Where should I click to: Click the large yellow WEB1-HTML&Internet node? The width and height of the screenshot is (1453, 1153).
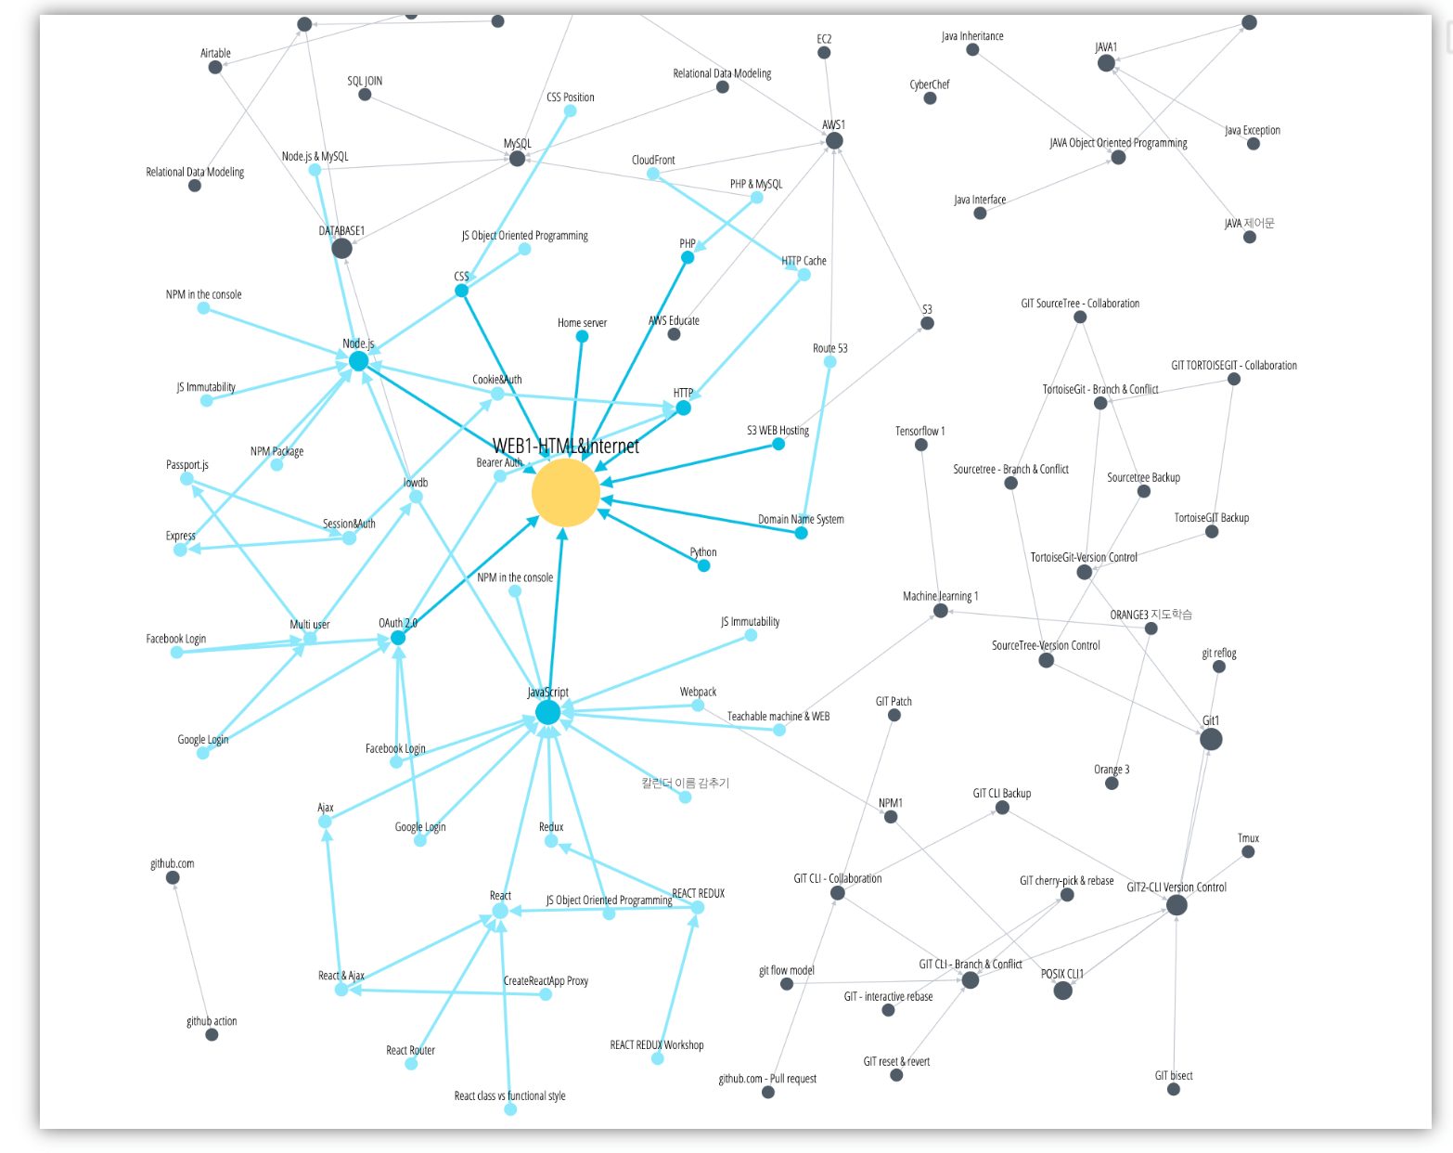click(x=565, y=493)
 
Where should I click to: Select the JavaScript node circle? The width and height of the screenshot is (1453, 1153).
click(x=547, y=712)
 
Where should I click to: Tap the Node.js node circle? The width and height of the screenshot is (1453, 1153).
click(x=358, y=361)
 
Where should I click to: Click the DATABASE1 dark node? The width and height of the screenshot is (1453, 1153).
click(x=341, y=248)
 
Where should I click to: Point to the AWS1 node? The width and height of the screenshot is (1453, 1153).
click(x=834, y=140)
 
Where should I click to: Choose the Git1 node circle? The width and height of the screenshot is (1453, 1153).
click(x=1211, y=739)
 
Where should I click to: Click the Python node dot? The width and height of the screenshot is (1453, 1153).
click(x=704, y=565)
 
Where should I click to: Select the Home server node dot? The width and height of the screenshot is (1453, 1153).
click(x=582, y=336)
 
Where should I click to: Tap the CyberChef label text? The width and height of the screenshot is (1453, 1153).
click(x=929, y=84)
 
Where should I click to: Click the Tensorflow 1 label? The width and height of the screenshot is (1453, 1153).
click(x=919, y=431)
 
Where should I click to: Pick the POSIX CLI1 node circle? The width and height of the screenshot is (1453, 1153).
click(x=1063, y=991)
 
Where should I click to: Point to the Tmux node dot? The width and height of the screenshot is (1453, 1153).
click(x=1248, y=851)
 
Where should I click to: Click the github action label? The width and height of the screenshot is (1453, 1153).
click(x=212, y=1021)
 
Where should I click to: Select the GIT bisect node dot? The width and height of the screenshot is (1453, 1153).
click(x=1174, y=1089)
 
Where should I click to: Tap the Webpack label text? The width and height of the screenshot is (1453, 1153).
click(x=698, y=692)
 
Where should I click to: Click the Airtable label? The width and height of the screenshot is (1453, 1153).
click(x=215, y=53)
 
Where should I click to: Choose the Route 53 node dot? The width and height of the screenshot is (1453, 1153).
click(x=829, y=362)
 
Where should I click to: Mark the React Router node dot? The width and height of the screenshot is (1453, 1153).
click(x=411, y=1064)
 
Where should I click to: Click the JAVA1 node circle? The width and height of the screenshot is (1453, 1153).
click(x=1106, y=63)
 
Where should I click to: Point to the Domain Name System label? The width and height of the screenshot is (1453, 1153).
click(x=801, y=519)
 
